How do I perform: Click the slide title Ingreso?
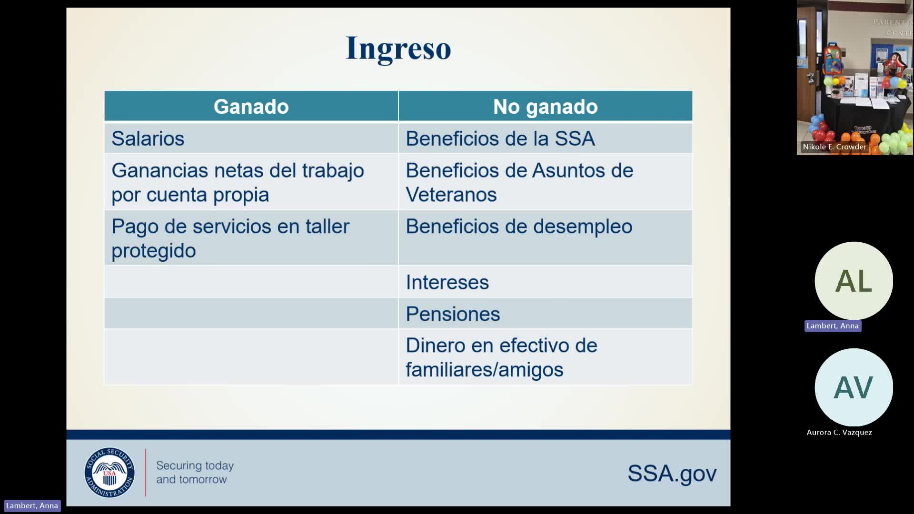[398, 48]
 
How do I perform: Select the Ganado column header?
[251, 107]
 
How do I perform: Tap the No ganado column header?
[545, 107]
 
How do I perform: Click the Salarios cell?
[148, 138]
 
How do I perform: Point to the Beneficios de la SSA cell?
[500, 138]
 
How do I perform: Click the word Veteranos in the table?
[451, 195]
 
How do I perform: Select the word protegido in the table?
[154, 251]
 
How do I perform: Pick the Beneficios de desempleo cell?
[519, 227]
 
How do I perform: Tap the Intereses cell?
[447, 282]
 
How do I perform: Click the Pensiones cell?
[453, 314]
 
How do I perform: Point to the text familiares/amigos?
[484, 370]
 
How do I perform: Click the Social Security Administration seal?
[109, 473]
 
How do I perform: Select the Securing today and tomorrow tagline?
[195, 472]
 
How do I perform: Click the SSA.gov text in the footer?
[672, 473]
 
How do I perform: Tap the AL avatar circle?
[854, 281]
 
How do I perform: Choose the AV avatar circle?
[854, 387]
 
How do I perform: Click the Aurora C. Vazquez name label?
[839, 432]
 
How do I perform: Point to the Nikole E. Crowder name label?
[835, 147]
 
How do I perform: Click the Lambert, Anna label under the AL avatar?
[833, 326]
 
